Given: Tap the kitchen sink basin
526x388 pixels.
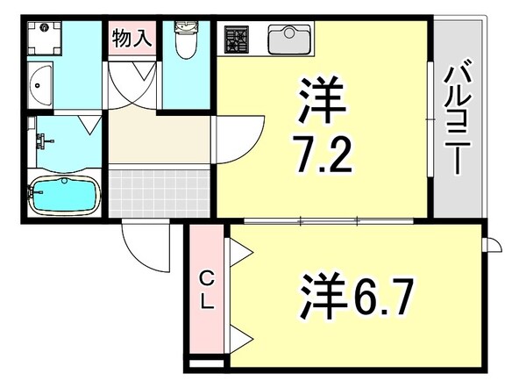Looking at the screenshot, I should pyautogui.click(x=287, y=40).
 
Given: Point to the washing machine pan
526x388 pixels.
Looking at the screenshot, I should pyautogui.click(x=41, y=38).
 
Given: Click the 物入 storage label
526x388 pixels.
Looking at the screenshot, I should pyautogui.click(x=131, y=38).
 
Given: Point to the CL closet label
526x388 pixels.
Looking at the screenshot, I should pyautogui.click(x=207, y=291).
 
